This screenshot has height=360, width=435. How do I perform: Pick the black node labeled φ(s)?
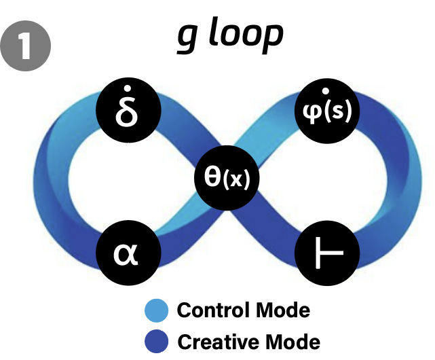coord(328,111)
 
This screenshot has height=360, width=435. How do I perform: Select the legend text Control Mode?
coord(243,310)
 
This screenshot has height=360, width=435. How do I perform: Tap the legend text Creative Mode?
coord(248,340)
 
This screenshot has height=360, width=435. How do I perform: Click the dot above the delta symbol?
coord(128,92)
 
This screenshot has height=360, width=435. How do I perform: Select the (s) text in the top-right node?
coord(339,112)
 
